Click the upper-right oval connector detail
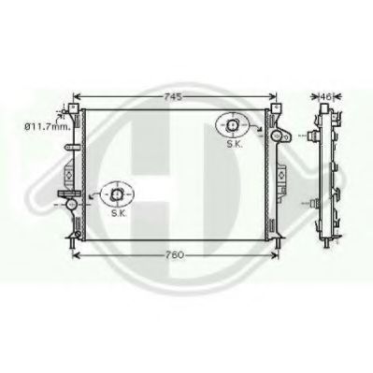click(230, 123)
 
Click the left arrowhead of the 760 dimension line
click(75, 254)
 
